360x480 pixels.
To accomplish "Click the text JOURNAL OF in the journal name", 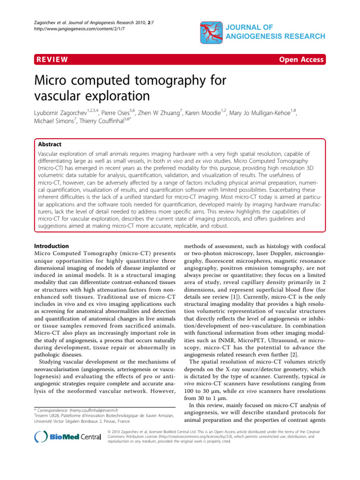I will tap(261, 27).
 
